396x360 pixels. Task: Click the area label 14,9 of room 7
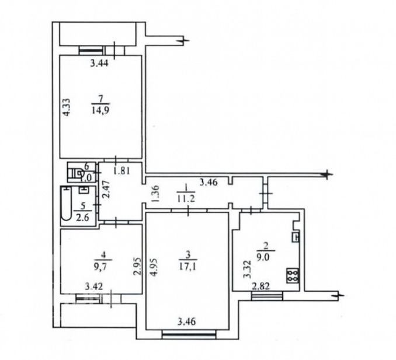[101, 107]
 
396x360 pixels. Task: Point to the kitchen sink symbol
[295, 237]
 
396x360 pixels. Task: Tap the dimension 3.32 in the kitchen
[248, 268]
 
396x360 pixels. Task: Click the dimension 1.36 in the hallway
[155, 194]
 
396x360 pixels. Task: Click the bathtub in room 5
[66, 204]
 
